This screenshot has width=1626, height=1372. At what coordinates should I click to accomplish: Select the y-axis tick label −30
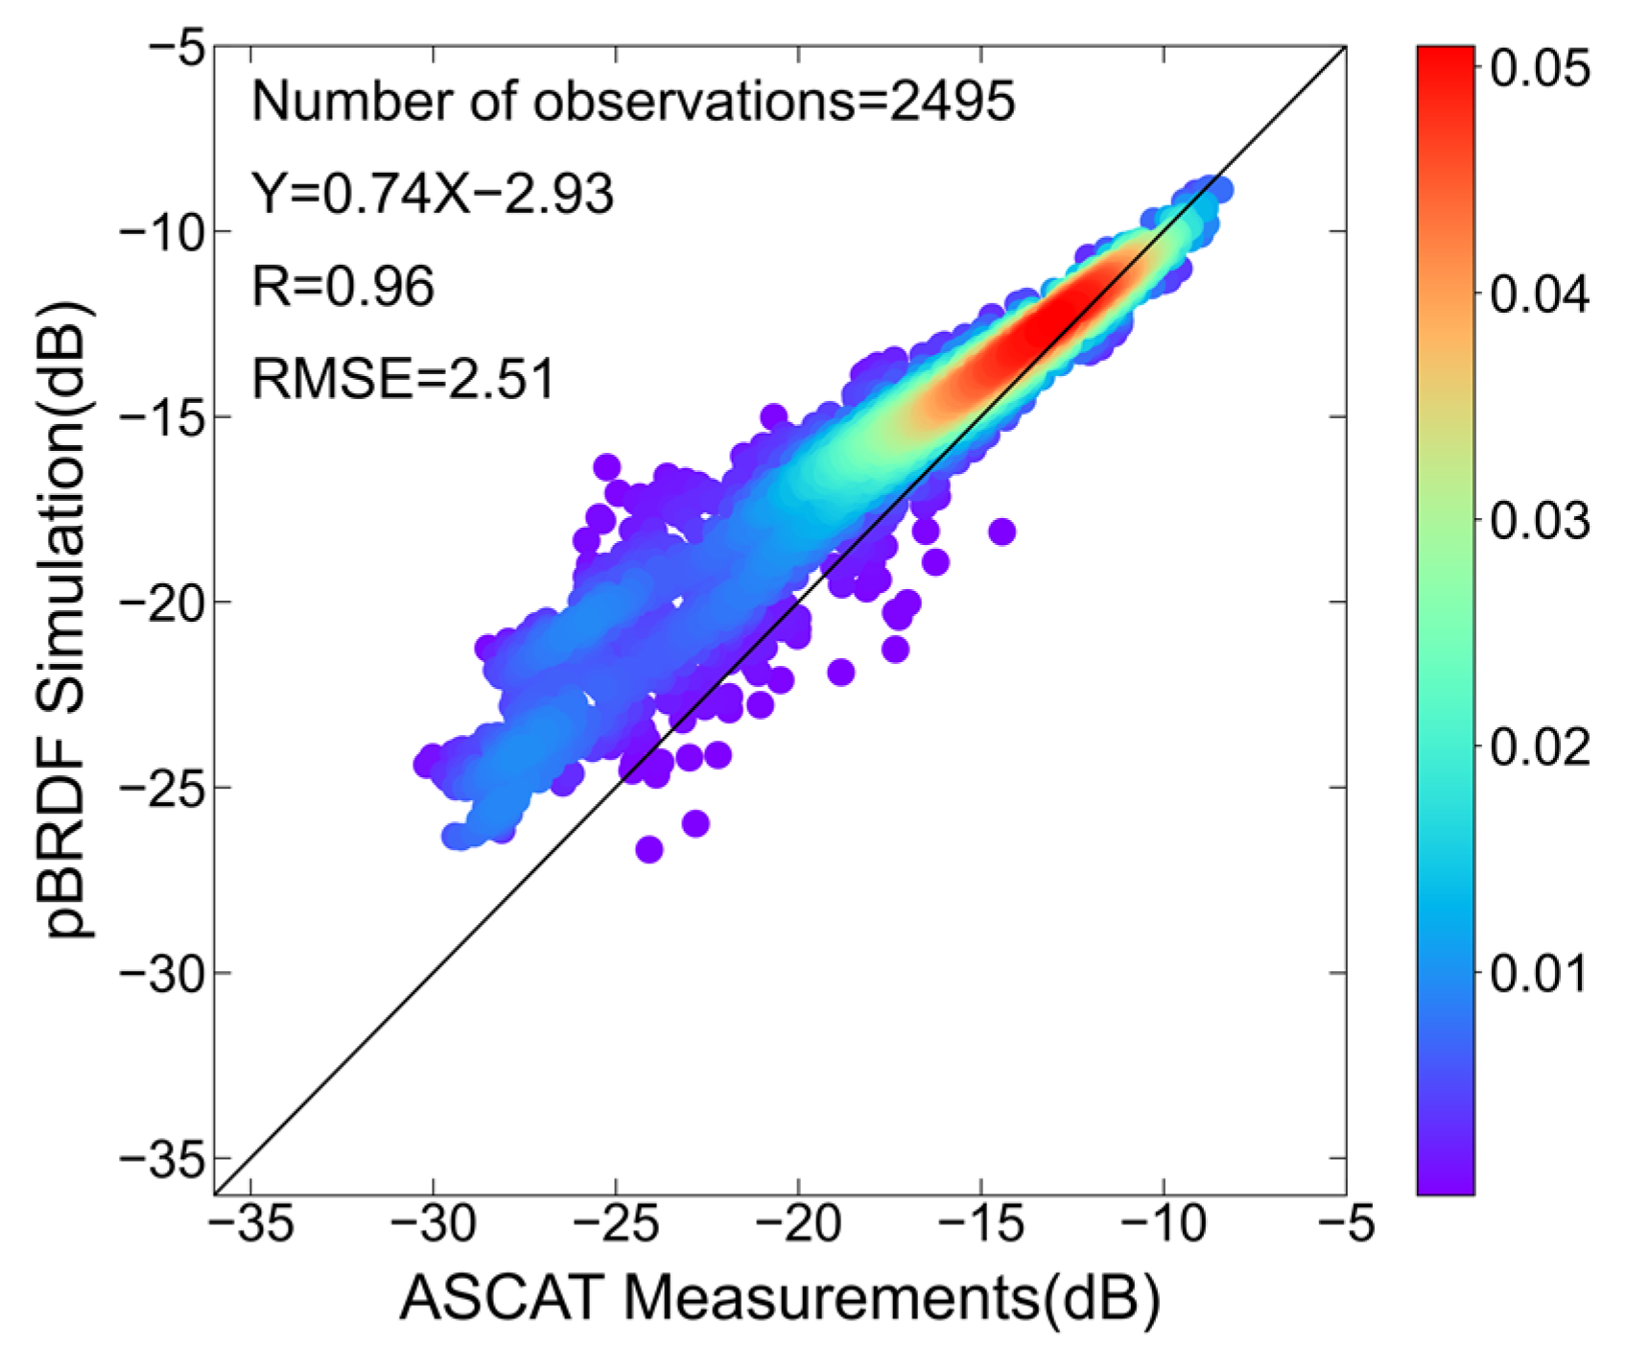(162, 973)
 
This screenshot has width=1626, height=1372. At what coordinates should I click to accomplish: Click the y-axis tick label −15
(162, 416)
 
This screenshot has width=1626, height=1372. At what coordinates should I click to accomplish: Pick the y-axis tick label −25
(162, 788)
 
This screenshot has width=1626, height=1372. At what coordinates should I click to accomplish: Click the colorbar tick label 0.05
(1539, 69)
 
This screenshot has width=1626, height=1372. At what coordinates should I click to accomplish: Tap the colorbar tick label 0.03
(1539, 520)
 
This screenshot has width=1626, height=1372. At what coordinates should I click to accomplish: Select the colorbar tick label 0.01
(1539, 973)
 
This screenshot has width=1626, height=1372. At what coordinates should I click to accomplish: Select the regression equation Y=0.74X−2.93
(432, 194)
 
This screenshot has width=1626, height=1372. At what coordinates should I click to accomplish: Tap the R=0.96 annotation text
(342, 286)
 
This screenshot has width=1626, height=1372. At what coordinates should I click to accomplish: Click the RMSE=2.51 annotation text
(403, 378)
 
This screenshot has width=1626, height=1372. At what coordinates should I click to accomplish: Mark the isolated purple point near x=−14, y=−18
(1002, 532)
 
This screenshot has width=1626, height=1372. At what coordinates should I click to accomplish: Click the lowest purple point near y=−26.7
(649, 849)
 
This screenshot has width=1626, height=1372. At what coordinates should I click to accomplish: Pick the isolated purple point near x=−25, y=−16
(606, 467)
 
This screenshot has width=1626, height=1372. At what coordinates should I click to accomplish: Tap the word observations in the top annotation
(693, 101)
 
